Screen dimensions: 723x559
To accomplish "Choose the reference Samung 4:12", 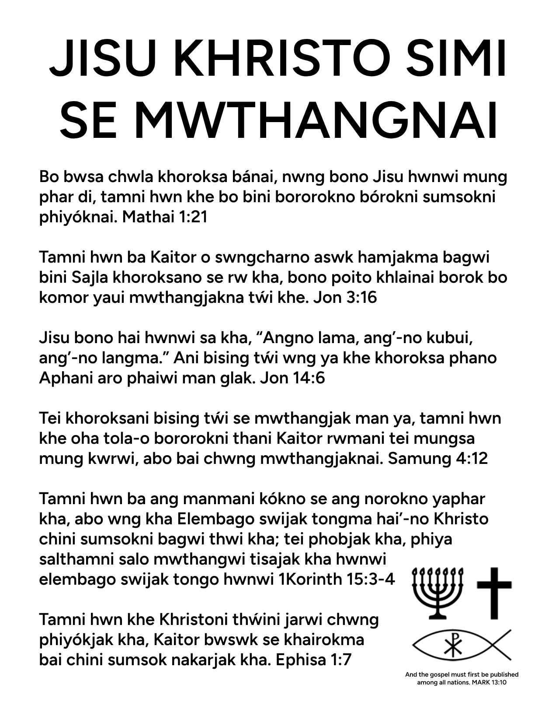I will click(x=438, y=459).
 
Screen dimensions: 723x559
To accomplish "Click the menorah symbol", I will click(x=437, y=593).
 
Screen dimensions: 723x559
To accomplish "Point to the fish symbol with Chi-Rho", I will click(x=461, y=646).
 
